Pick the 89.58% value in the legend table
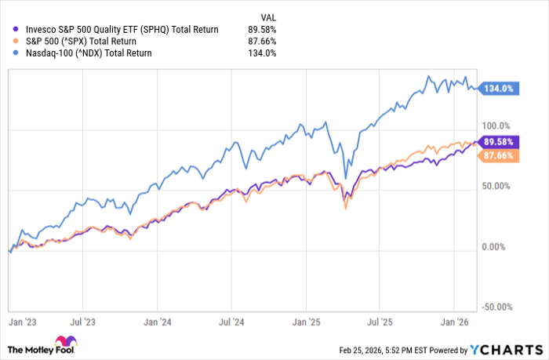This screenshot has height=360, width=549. pos(263,30)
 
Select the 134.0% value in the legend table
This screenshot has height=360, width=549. pos(264,53)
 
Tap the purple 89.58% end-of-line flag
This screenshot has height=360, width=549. pos(500,142)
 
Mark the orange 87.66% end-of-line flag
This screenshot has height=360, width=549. pos(500,156)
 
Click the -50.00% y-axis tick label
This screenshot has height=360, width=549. pos(496,307)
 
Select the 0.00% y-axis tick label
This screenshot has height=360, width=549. pos(496,247)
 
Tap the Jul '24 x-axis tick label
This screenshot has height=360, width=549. pos(233,321)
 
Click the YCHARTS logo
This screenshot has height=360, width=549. pos(504,349)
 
